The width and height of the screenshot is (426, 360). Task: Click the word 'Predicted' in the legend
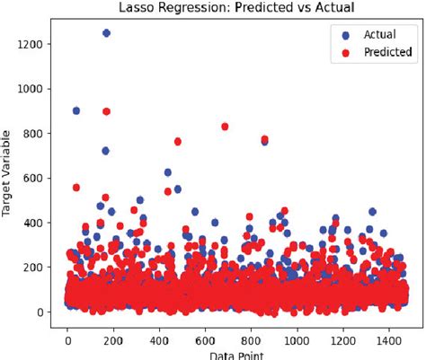point(388,52)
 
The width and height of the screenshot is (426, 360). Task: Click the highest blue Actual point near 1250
point(106,33)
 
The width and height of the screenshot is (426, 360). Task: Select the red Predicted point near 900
point(106,111)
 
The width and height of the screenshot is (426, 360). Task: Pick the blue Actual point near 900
point(76,111)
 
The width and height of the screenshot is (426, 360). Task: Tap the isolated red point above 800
point(225,127)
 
